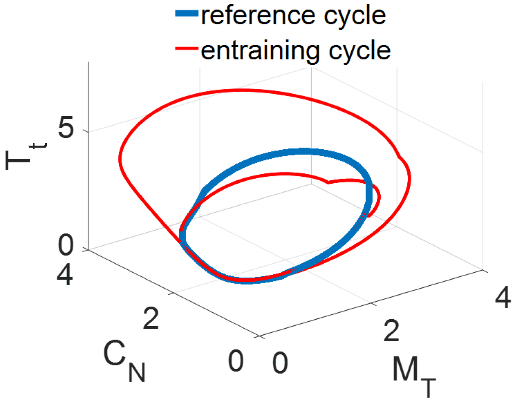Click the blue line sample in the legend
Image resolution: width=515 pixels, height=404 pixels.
click(186, 15)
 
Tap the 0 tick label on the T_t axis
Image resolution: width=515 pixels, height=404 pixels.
click(68, 247)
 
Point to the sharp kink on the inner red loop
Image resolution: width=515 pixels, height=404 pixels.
click(329, 182)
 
